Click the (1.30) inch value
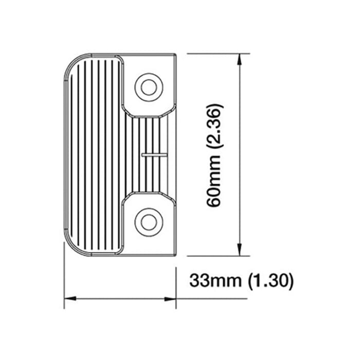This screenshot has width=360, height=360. (x=269, y=281)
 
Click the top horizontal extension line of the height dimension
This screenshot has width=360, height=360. (x=216, y=53)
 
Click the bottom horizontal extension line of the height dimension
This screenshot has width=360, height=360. (x=216, y=256)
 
